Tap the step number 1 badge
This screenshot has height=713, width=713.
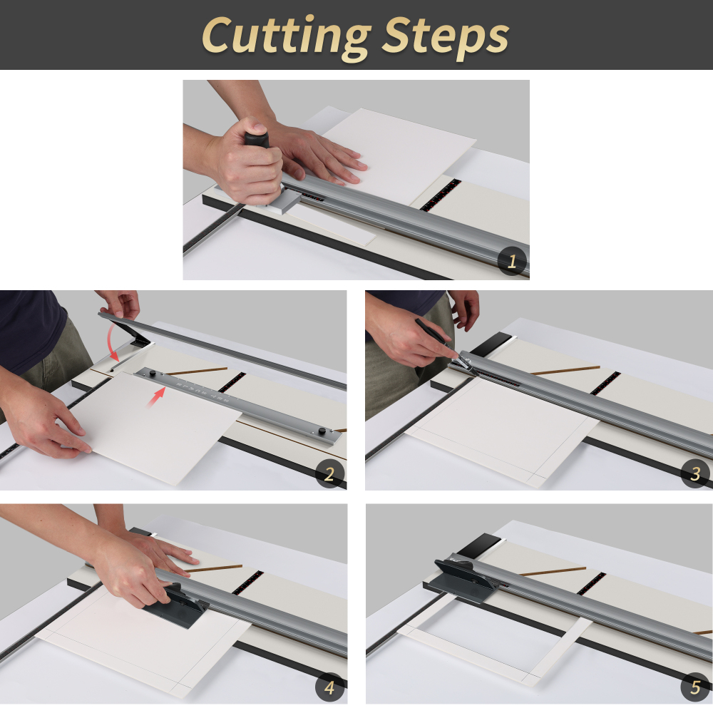(x=511, y=261)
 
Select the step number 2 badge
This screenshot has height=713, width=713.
(x=329, y=474)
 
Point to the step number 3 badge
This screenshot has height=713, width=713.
(x=695, y=472)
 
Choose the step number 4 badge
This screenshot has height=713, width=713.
(x=329, y=688)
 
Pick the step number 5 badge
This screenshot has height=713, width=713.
(x=695, y=688)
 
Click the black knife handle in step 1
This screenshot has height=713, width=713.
(x=256, y=138)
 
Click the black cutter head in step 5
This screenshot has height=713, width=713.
(x=463, y=575)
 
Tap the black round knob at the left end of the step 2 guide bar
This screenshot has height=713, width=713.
(x=151, y=373)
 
